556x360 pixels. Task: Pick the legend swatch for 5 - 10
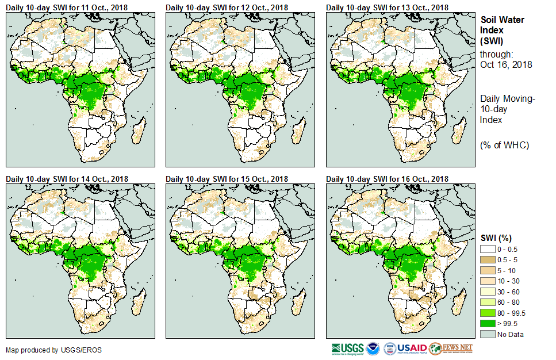point(488,270)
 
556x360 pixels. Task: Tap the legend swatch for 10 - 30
point(488,281)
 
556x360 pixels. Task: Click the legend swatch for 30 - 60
point(488,292)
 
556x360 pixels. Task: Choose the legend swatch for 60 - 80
point(488,302)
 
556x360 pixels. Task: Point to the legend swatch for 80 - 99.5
point(488,313)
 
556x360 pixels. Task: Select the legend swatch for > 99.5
point(488,324)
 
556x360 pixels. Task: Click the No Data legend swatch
point(488,335)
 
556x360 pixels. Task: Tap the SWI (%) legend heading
point(496,238)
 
